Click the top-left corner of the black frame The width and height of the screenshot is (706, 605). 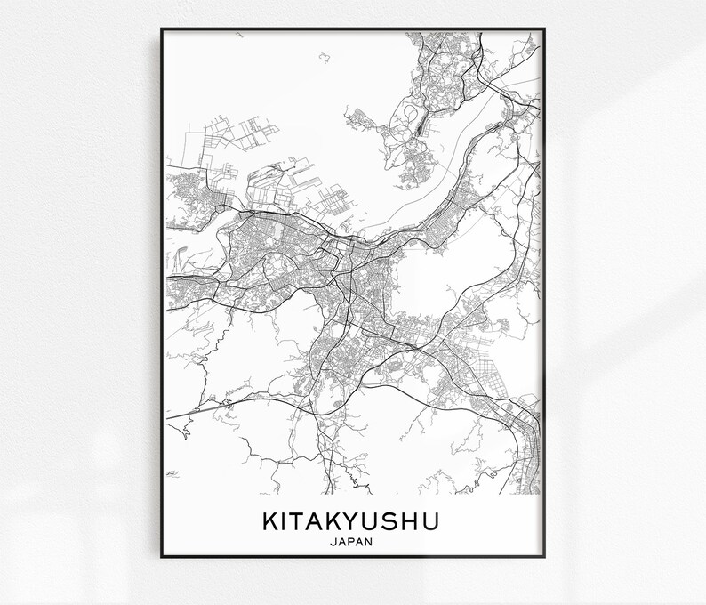click(x=162, y=29)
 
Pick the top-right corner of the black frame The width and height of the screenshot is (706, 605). click(x=545, y=29)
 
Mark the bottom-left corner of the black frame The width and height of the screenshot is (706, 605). click(x=162, y=557)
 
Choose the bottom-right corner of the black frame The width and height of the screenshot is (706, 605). click(x=545, y=557)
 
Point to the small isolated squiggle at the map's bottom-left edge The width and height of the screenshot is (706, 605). click(x=172, y=473)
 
